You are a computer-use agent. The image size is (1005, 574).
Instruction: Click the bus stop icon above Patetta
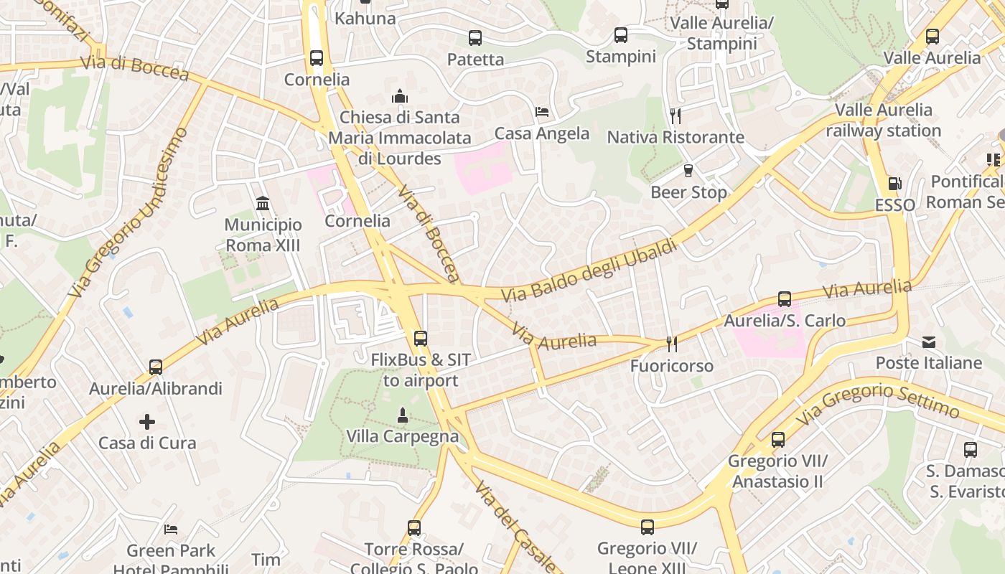tap(475, 38)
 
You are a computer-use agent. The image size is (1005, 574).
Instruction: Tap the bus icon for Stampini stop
tap(621, 35)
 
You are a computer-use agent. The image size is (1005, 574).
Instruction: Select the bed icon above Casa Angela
tap(542, 112)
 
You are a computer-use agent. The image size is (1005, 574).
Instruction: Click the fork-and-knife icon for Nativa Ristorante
tap(675, 116)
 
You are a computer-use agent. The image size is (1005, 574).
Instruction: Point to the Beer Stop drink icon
tap(688, 171)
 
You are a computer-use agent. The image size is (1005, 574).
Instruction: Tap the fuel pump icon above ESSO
tap(894, 184)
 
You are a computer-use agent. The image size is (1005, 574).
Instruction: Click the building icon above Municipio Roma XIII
tap(263, 204)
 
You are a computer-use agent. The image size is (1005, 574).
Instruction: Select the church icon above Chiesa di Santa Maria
tap(400, 96)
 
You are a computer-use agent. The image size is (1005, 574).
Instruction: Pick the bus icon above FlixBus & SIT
tap(421, 338)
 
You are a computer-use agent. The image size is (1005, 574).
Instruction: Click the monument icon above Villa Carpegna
tap(402, 415)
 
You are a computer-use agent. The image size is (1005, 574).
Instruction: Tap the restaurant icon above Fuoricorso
tap(671, 344)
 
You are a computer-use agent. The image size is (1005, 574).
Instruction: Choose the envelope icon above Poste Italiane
tap(930, 342)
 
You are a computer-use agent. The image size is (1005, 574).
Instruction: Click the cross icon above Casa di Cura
tap(147, 421)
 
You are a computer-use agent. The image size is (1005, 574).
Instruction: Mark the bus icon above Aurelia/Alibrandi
tap(155, 367)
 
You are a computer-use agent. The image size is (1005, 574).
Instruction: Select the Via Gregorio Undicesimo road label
tap(129, 212)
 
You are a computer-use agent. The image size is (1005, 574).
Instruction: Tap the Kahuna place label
tap(365, 19)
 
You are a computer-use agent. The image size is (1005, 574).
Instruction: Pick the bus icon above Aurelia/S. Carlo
tap(785, 299)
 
